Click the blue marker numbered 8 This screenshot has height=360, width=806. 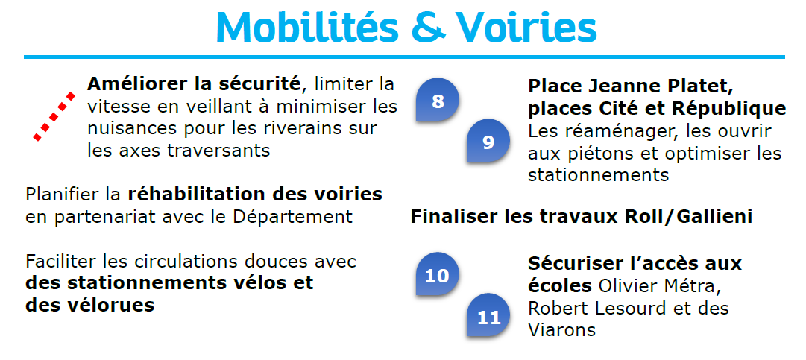[438, 100]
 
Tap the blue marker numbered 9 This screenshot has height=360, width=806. [488, 141]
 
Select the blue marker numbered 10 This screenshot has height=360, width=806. [438, 274]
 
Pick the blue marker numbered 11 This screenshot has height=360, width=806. [488, 315]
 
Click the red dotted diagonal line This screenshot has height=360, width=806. [54, 116]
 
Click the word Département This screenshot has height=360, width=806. [292, 216]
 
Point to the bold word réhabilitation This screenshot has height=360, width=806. [204, 195]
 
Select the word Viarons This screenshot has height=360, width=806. [562, 329]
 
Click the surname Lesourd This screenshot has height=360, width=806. [630, 308]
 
